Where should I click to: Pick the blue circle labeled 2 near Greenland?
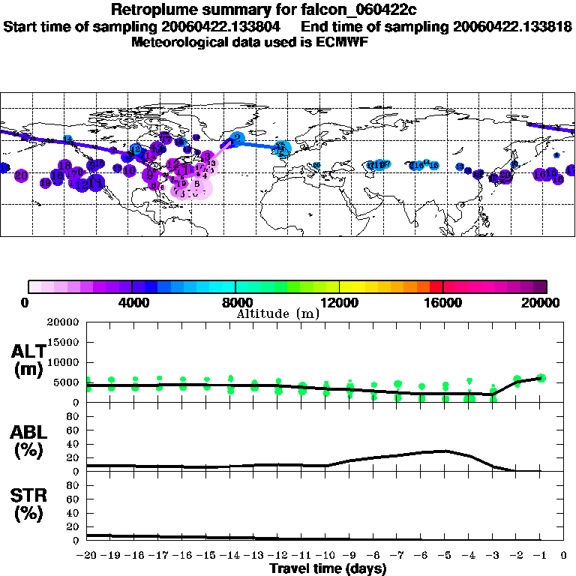click(238, 138)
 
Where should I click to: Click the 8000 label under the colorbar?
click(236, 302)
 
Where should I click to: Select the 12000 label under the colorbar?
click(339, 302)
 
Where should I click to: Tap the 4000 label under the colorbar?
click(132, 302)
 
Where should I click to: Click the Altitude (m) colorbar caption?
click(277, 313)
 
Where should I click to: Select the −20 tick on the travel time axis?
click(88, 556)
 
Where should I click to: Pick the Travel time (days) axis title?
click(328, 569)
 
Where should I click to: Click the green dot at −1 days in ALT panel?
click(541, 378)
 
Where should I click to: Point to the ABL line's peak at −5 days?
click(445, 451)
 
